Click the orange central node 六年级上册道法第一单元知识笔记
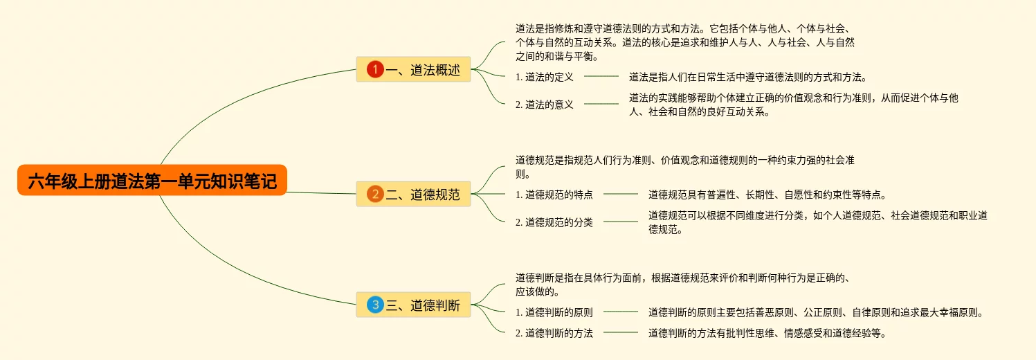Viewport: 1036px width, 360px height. (x=152, y=181)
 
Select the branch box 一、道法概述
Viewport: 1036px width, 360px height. (x=413, y=69)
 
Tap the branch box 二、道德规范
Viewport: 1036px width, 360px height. (x=413, y=194)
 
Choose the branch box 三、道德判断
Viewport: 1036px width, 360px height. (x=413, y=305)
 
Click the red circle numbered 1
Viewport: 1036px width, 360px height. (x=375, y=69)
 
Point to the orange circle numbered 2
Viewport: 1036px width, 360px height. (x=375, y=194)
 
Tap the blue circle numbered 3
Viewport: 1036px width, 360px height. (x=375, y=305)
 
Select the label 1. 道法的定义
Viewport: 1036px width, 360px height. (x=545, y=77)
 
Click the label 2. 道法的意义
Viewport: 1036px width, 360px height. (x=545, y=105)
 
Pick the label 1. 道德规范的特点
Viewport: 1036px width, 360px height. (x=554, y=195)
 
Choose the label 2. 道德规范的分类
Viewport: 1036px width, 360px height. (x=554, y=222)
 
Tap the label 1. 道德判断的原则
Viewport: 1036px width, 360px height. (x=554, y=312)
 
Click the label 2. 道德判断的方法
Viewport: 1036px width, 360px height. (x=554, y=333)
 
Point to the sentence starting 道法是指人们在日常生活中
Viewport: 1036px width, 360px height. (x=747, y=77)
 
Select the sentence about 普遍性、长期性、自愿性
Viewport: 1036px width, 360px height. (x=767, y=195)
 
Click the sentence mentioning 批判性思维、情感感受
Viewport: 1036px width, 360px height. (x=767, y=333)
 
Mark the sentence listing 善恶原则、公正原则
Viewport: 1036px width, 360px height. (x=815, y=312)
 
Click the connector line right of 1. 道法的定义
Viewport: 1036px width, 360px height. (x=601, y=77)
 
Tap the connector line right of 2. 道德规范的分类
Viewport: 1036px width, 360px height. (x=621, y=222)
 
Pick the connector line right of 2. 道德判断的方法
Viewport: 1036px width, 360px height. (x=621, y=333)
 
